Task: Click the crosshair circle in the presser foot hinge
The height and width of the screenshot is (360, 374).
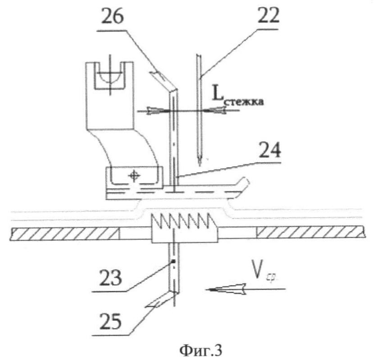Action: click(132, 175)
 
